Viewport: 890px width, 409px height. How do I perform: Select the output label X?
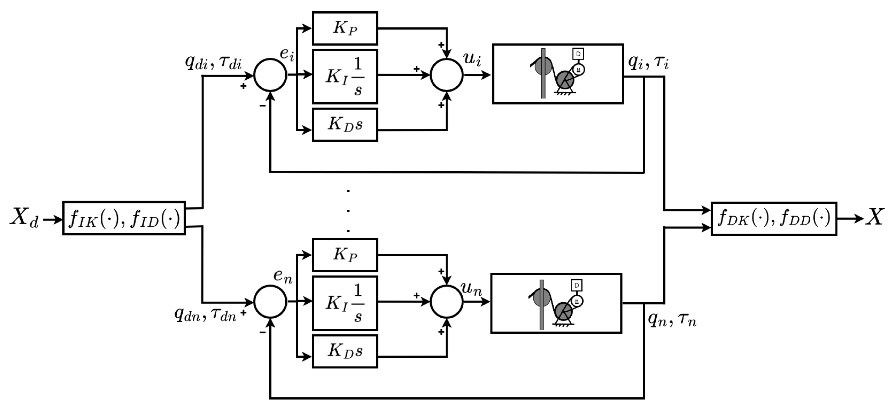coord(875,217)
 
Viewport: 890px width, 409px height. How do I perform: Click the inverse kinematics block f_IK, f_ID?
coord(124,218)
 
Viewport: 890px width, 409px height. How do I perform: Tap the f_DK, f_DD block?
coord(773,218)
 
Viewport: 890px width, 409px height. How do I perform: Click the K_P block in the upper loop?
coord(345,28)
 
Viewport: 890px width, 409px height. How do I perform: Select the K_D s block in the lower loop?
coord(345,351)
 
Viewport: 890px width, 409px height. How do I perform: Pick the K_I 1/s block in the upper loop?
coord(345,76)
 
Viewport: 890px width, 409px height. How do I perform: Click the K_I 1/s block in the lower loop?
coord(345,303)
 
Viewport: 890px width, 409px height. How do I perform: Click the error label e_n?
coord(282,276)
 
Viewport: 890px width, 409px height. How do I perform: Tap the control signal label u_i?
coord(472,59)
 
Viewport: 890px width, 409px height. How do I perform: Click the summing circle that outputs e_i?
coord(270,75)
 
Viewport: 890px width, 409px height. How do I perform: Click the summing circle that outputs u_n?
coord(446,302)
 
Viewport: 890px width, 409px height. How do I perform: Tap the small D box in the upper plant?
coord(578,54)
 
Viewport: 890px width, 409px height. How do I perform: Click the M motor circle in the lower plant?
coord(577,301)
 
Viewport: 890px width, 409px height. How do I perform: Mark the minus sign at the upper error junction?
coord(263,105)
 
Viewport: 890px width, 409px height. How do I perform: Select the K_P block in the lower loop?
coord(345,255)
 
